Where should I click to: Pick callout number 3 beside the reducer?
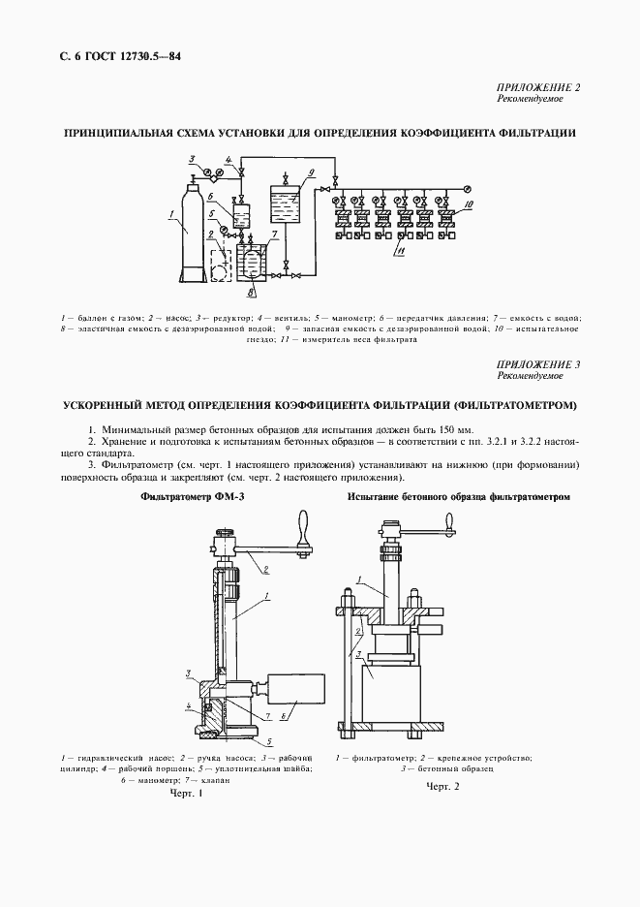click(192, 158)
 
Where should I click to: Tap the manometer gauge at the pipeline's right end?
click(467, 187)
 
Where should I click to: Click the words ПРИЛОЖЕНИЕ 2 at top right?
click(538, 88)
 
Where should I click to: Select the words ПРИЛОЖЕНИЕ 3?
click(538, 364)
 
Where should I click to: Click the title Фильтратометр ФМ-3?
click(185, 497)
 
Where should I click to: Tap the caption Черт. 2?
click(442, 787)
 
